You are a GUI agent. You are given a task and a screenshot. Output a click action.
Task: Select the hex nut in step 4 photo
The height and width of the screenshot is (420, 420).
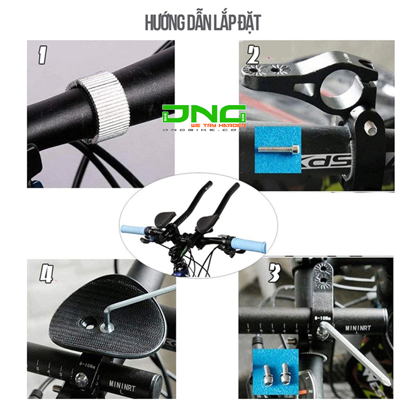80,377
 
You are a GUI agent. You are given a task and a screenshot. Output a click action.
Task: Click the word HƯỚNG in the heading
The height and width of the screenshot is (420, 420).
161,23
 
